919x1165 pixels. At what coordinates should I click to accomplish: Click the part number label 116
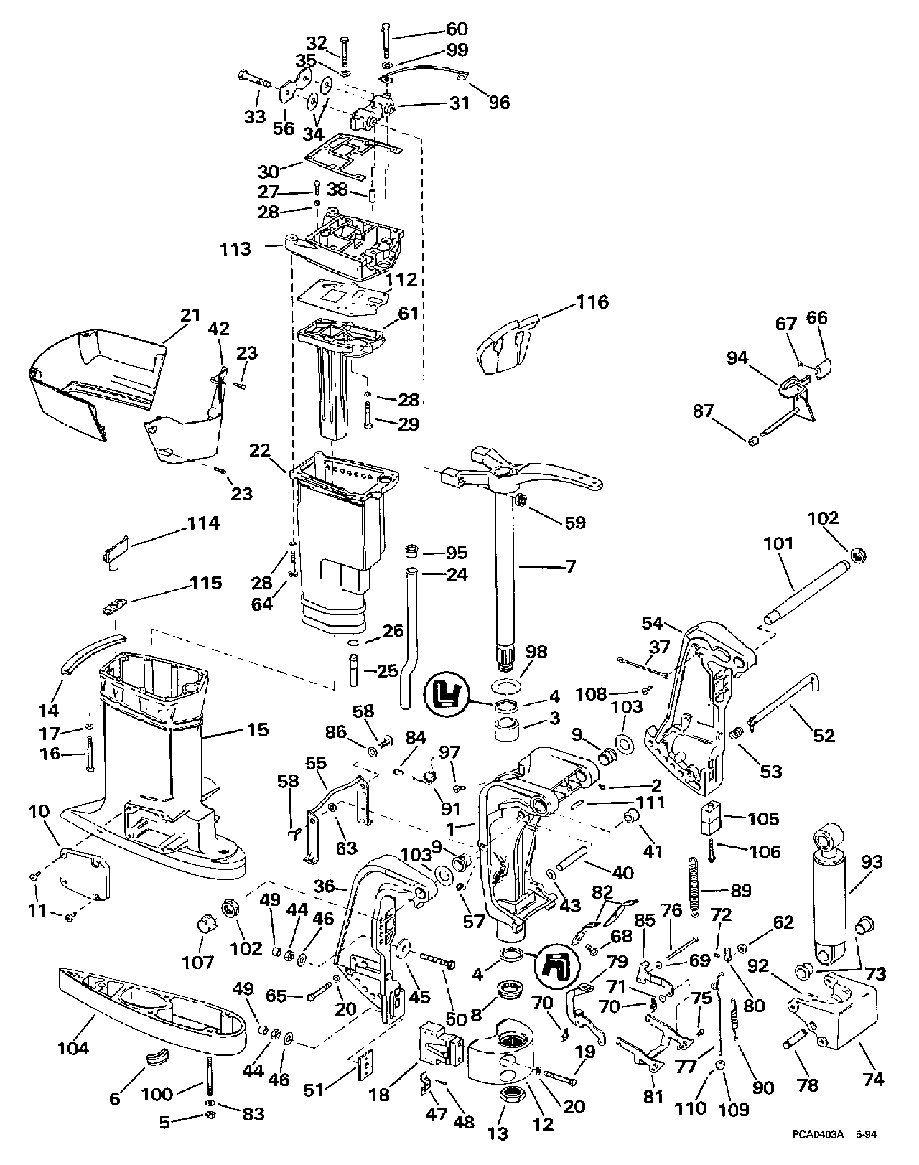pyautogui.click(x=593, y=301)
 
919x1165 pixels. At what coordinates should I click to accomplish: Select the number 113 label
pyautogui.click(x=236, y=249)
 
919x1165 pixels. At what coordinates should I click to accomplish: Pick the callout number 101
pyautogui.click(x=778, y=543)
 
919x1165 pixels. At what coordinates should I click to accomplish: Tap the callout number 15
pyautogui.click(x=258, y=730)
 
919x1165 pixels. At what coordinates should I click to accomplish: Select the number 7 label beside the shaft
pyautogui.click(x=570, y=567)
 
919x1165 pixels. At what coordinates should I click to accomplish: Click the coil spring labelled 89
pyautogui.click(x=695, y=887)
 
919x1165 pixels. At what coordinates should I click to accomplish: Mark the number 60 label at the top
pyautogui.click(x=457, y=29)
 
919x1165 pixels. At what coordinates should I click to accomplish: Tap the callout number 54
pyautogui.click(x=653, y=623)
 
